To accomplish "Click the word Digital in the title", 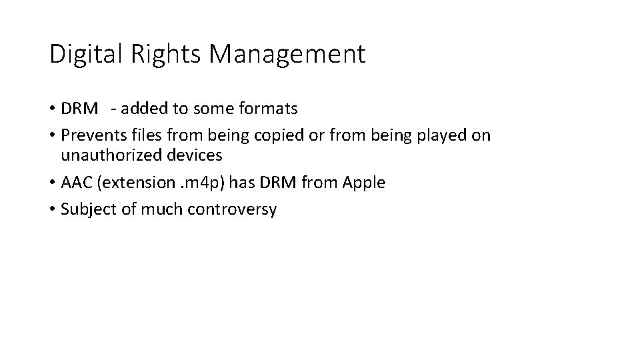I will pyautogui.click(x=81, y=54).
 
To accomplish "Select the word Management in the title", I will pyautogui.click(x=287, y=54).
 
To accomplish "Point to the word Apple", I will pyautogui.click(x=363, y=183).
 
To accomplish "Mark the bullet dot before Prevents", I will pyautogui.click(x=52, y=136).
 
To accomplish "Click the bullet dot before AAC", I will pyautogui.click(x=52, y=183).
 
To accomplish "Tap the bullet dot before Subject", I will pyautogui.click(x=52, y=210).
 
